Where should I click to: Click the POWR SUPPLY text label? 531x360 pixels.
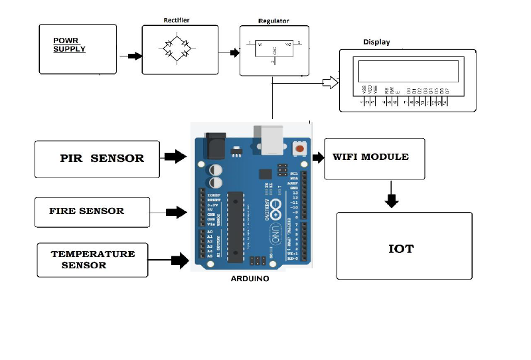[69, 45]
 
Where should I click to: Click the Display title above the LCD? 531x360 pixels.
[376, 42]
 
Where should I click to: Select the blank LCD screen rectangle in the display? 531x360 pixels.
[408, 70]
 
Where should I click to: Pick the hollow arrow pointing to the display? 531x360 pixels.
[330, 82]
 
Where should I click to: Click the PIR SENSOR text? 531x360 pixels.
[102, 158]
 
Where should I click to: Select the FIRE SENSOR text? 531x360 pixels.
[86, 211]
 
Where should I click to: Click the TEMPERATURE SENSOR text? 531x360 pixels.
[92, 259]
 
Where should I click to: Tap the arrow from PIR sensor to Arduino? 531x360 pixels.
[175, 157]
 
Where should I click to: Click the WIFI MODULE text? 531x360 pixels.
[370, 157]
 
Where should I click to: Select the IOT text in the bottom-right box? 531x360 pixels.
[401, 249]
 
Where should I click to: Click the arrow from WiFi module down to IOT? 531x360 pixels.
[392, 199]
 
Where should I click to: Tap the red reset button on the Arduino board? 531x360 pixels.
[300, 149]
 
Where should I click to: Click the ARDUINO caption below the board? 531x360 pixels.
[250, 279]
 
